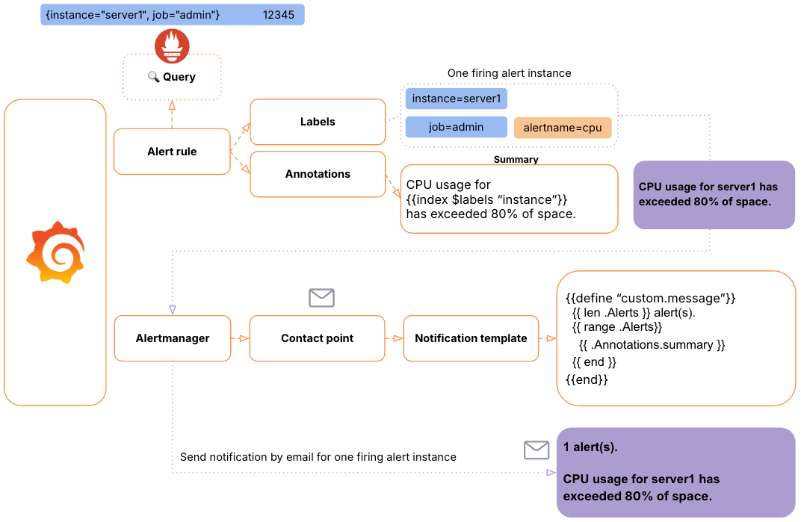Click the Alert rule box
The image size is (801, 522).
coord(172,152)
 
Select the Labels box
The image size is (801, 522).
coord(318,122)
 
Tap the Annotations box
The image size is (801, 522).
coord(318,174)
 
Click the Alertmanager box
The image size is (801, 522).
coord(172,338)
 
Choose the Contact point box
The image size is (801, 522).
coord(318,338)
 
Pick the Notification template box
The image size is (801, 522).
coord(471,338)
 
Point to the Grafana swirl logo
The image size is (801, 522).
coord(55,253)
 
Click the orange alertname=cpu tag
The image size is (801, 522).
coord(563,128)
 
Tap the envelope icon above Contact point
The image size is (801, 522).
coord(321,298)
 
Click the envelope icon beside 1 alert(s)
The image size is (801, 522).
coord(536,450)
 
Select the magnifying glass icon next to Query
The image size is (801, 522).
coord(154,77)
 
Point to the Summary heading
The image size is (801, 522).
coord(516,159)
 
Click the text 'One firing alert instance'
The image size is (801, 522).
coord(509,73)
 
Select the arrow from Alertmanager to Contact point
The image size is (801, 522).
coord(240,338)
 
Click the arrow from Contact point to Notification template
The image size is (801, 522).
coord(394,338)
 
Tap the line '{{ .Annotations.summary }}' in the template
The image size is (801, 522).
coord(652,345)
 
